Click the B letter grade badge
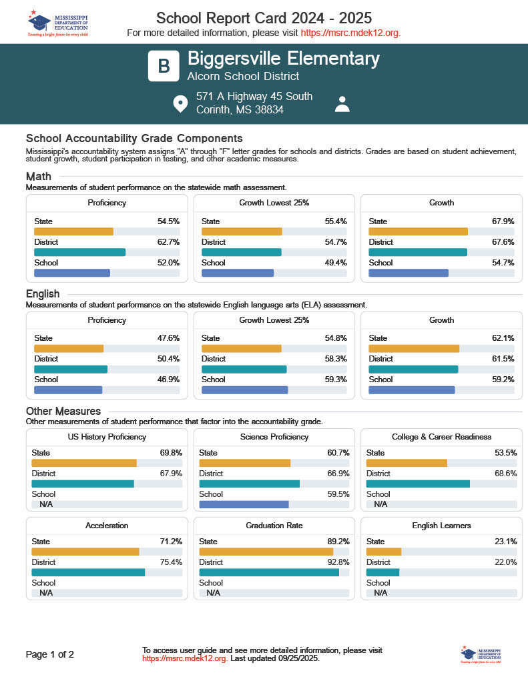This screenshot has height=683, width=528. [x=164, y=65]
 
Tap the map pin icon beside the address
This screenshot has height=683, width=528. [x=180, y=103]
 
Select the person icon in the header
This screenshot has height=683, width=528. [x=342, y=104]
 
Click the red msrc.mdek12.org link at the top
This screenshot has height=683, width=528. [x=350, y=33]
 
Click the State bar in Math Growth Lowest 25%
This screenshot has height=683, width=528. [x=242, y=231]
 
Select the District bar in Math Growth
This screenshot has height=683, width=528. [x=418, y=252]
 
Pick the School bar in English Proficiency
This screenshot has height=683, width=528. [x=68, y=390]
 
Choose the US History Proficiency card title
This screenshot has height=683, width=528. [x=107, y=437]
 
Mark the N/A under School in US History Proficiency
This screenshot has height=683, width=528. [x=46, y=505]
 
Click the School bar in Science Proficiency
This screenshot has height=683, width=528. [x=244, y=505]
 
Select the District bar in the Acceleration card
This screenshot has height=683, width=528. [x=88, y=572]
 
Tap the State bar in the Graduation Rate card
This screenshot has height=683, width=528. [x=266, y=552]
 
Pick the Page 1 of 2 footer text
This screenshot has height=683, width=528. [x=50, y=654]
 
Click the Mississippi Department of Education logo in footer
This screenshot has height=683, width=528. [x=480, y=654]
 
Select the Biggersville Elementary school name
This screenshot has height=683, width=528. [x=284, y=59]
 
